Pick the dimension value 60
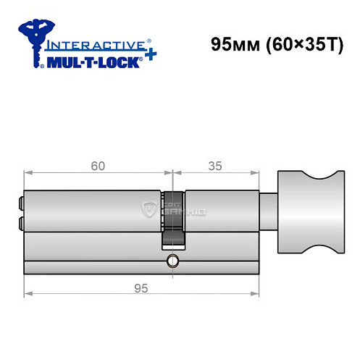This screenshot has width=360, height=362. coord(99,165)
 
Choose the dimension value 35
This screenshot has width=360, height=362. coord(215,165)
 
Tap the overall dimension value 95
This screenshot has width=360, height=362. coord(141,287)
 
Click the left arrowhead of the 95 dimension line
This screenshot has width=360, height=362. coord(28,295)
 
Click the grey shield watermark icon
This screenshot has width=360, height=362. coord(151,210)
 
